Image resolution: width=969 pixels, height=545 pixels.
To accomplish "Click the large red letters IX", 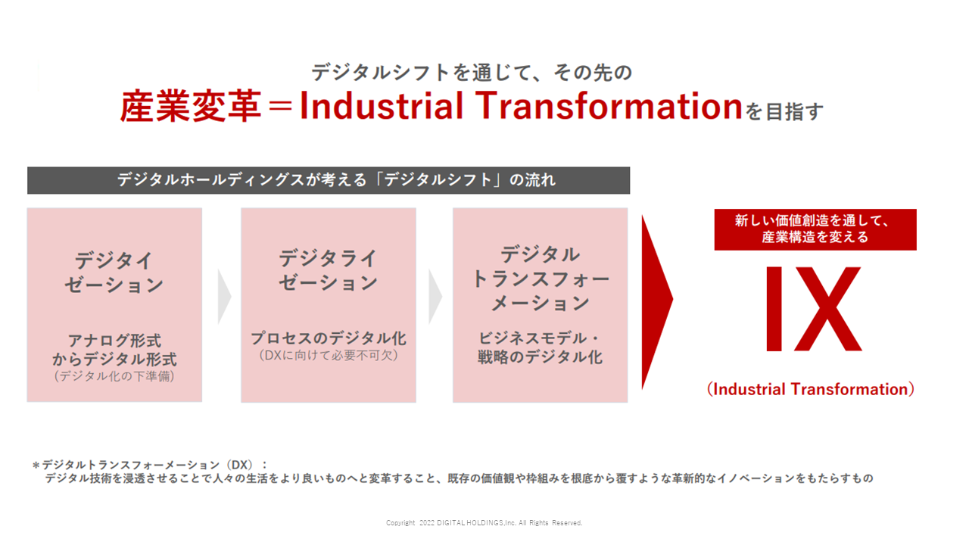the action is [x=813, y=309].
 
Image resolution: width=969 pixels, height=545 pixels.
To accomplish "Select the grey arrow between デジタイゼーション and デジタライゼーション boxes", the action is [x=224, y=297].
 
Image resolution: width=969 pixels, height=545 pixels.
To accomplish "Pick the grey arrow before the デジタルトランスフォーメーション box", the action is [x=435, y=297].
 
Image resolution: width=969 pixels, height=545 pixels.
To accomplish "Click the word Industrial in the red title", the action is [x=382, y=106].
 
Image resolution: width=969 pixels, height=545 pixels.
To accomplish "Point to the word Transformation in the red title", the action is [x=610, y=106].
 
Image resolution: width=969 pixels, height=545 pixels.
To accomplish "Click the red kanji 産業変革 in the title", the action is [x=190, y=106].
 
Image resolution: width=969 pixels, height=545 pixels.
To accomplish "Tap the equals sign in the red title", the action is [x=280, y=107].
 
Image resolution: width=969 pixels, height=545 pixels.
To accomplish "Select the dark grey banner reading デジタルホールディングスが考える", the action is [x=329, y=180].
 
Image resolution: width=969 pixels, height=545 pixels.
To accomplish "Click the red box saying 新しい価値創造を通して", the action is [x=815, y=229].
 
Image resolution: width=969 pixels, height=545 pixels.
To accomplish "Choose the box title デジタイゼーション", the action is [x=114, y=272].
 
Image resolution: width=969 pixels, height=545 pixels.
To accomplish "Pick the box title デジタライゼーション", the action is [x=329, y=270].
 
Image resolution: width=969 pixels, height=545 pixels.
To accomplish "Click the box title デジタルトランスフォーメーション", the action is [x=541, y=278].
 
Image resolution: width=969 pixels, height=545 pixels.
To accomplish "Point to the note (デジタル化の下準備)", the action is [x=114, y=376].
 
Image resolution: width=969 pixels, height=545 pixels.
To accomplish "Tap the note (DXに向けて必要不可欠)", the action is [x=329, y=356].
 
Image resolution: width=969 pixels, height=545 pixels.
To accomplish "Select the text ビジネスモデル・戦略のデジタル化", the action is [x=540, y=347].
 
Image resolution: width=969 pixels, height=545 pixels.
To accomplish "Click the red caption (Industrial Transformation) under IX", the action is [x=811, y=389].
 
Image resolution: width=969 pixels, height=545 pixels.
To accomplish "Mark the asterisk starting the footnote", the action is [x=36, y=466].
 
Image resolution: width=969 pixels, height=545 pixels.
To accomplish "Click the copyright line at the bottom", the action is [x=484, y=523].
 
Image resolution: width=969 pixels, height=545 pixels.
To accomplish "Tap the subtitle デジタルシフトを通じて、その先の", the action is [x=472, y=72].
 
